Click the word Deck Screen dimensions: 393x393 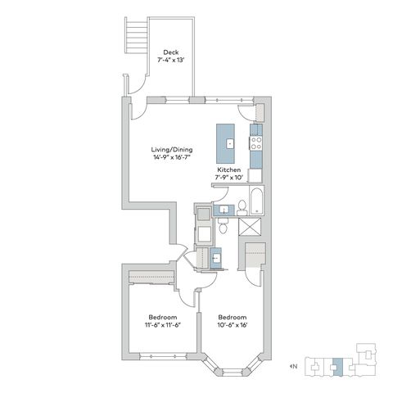coord(171,52)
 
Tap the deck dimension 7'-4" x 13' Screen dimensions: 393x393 coord(171,60)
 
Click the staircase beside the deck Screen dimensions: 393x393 coord(137,35)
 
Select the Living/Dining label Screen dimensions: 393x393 coord(172,150)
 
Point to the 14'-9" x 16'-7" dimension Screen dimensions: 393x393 coord(172,157)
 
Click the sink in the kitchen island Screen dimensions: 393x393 coord(230,143)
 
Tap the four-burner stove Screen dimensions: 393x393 coord(256,143)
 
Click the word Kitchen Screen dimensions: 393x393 coord(228,169)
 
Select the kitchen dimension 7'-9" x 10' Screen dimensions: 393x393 coord(228,178)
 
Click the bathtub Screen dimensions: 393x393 coord(256,201)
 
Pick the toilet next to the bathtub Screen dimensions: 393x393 coord(242,208)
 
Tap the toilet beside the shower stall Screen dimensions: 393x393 coord(224,225)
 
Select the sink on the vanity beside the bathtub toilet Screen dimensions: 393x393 coord(224,210)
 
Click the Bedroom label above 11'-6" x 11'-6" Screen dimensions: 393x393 coord(163,318)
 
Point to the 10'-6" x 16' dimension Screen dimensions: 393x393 coord(233,325)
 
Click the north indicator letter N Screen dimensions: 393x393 coord(295,366)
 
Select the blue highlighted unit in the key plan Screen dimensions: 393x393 coord(338,367)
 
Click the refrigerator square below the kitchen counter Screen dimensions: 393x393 coord(255,176)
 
